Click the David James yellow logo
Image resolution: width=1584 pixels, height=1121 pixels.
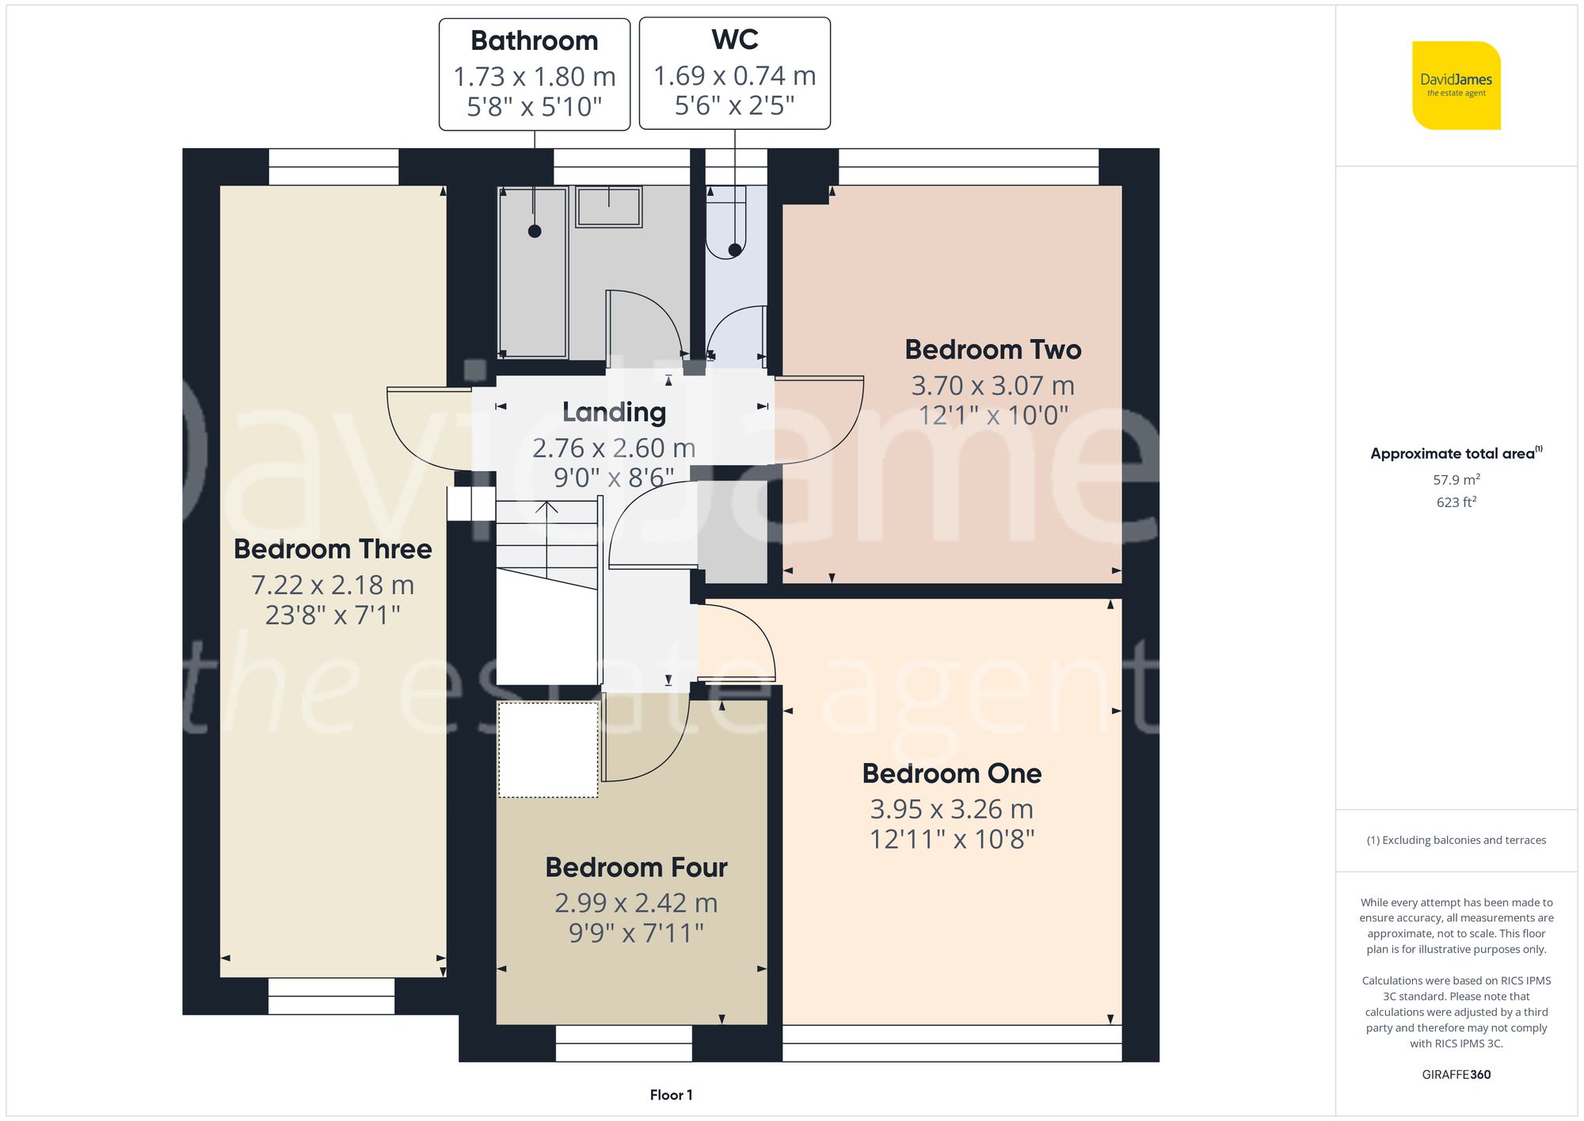point(1456,86)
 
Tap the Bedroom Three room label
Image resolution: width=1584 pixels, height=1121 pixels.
point(333,549)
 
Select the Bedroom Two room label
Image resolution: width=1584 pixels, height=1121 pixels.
point(992,349)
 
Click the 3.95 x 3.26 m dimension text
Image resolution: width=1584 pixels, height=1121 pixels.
point(951,809)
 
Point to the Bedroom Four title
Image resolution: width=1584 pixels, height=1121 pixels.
point(636,867)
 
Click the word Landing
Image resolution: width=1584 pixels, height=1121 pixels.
point(614,412)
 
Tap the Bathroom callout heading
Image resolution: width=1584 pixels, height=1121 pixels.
point(534,40)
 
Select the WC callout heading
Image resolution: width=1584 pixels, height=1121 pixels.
point(734,40)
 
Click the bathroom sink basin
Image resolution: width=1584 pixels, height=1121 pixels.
point(608,207)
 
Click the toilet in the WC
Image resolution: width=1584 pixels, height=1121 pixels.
point(726,226)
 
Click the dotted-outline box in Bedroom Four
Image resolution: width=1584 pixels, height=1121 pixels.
point(547,749)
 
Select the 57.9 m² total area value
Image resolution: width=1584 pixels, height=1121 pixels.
point(1456,479)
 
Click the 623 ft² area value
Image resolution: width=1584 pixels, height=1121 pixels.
point(1456,502)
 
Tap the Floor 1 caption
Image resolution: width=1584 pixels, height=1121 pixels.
point(671,1095)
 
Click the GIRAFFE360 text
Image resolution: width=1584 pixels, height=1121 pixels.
point(1456,1074)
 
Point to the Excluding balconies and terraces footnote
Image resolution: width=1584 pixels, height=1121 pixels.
point(1456,840)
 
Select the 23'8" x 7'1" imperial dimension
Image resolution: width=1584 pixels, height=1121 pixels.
point(333,615)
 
